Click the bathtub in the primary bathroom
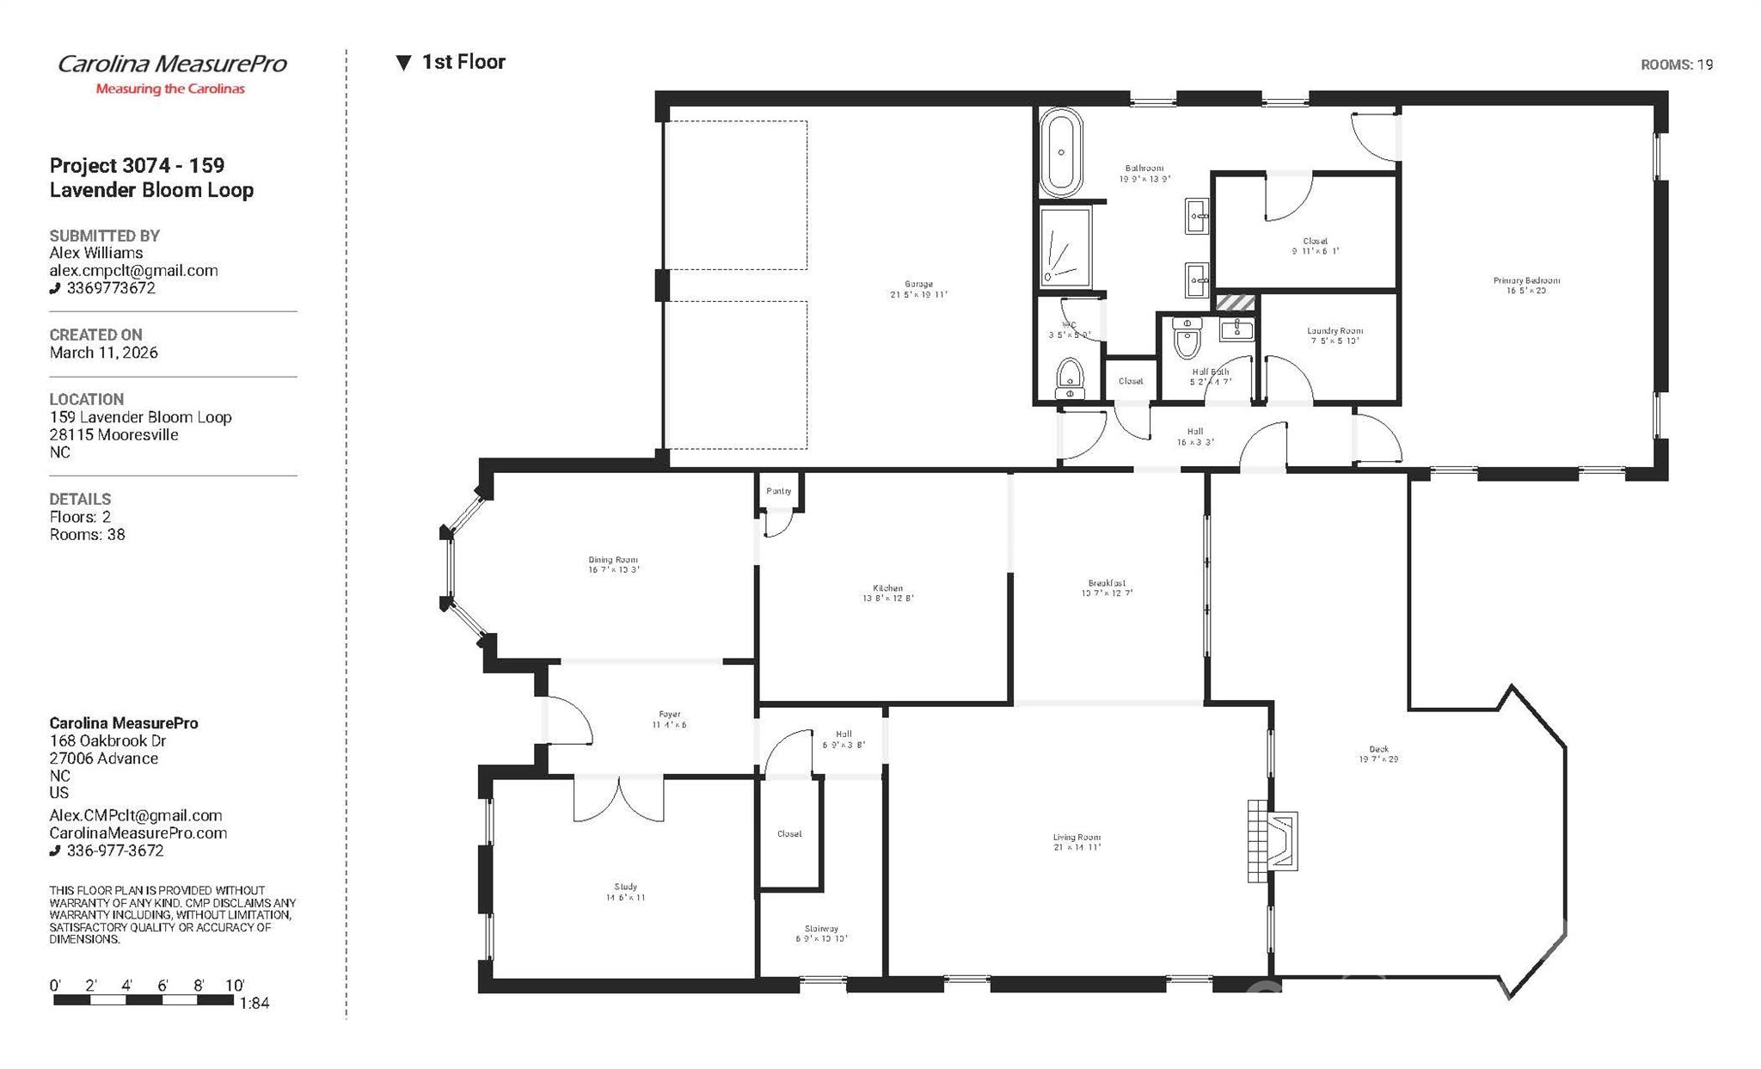pos(1061,153)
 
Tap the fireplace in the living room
pos(1273,841)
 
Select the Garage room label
pos(918,289)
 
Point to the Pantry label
pos(778,491)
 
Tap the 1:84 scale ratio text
pos(255,1003)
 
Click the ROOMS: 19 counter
pos(1676,65)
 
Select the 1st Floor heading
pos(463,62)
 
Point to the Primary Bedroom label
pos(1526,286)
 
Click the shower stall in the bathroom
pos(1065,246)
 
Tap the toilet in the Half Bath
pos(1187,338)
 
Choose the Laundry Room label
pos(1335,335)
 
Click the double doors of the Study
pos(618,798)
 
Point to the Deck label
pos(1378,754)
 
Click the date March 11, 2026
pos(103,353)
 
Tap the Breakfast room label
pos(1107,587)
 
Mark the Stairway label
pos(821,933)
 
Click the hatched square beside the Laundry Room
pos(1236,303)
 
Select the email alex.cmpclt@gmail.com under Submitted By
pos(133,270)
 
